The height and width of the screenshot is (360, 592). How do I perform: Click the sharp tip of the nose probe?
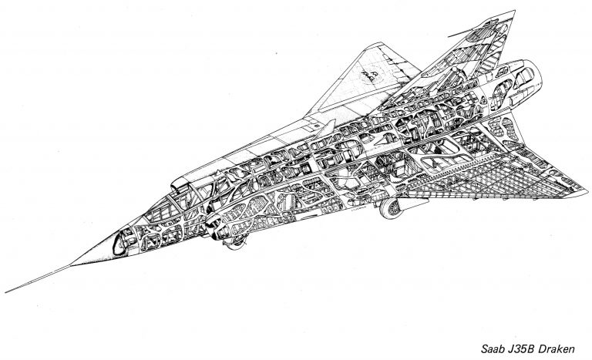5,292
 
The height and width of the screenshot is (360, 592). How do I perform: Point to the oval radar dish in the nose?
120,244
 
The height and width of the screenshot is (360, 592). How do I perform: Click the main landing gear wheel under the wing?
391,208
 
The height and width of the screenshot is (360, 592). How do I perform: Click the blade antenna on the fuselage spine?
327,128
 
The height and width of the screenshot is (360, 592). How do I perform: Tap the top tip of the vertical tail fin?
514,12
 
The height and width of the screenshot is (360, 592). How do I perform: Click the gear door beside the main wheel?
414,204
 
